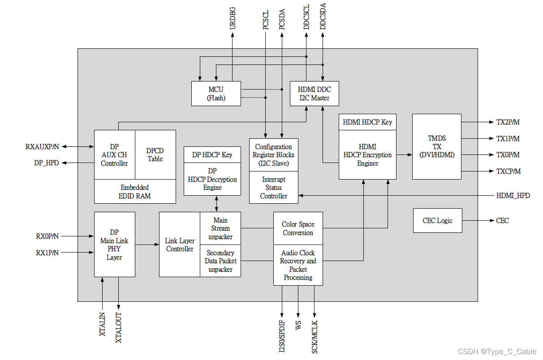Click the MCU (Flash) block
pyautogui.click(x=216, y=94)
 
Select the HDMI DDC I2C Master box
pyautogui.click(x=314, y=94)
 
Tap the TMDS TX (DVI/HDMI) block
pyautogui.click(x=436, y=146)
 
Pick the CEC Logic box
pyautogui.click(x=437, y=220)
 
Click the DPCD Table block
pyautogui.click(x=155, y=154)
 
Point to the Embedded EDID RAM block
pyautogui.click(x=134, y=192)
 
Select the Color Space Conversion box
pyautogui.click(x=298, y=228)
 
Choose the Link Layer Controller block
pyautogui.click(x=180, y=244)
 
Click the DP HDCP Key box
pyautogui.click(x=212, y=154)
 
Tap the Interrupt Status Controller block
pyautogui.click(x=273, y=188)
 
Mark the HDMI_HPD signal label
pyautogui.click(x=513, y=196)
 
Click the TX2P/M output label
pyautogui.click(x=508, y=122)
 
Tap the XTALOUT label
pyautogui.click(x=119, y=327)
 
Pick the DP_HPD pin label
pyautogui.click(x=47, y=163)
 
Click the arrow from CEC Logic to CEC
pyautogui.click(x=478, y=220)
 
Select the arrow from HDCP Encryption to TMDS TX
pyautogui.click(x=404, y=155)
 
